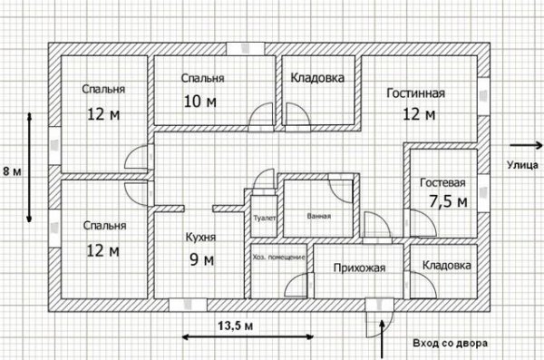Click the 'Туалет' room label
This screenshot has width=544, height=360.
tap(265, 219)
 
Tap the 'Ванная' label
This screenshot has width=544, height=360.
tap(318, 217)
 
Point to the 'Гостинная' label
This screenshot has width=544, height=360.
tap(414, 92)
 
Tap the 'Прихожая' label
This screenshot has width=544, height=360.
tap(360, 268)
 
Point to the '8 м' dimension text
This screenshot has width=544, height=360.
tap(10, 170)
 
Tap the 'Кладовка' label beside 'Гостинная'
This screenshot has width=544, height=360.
tap(316, 79)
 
